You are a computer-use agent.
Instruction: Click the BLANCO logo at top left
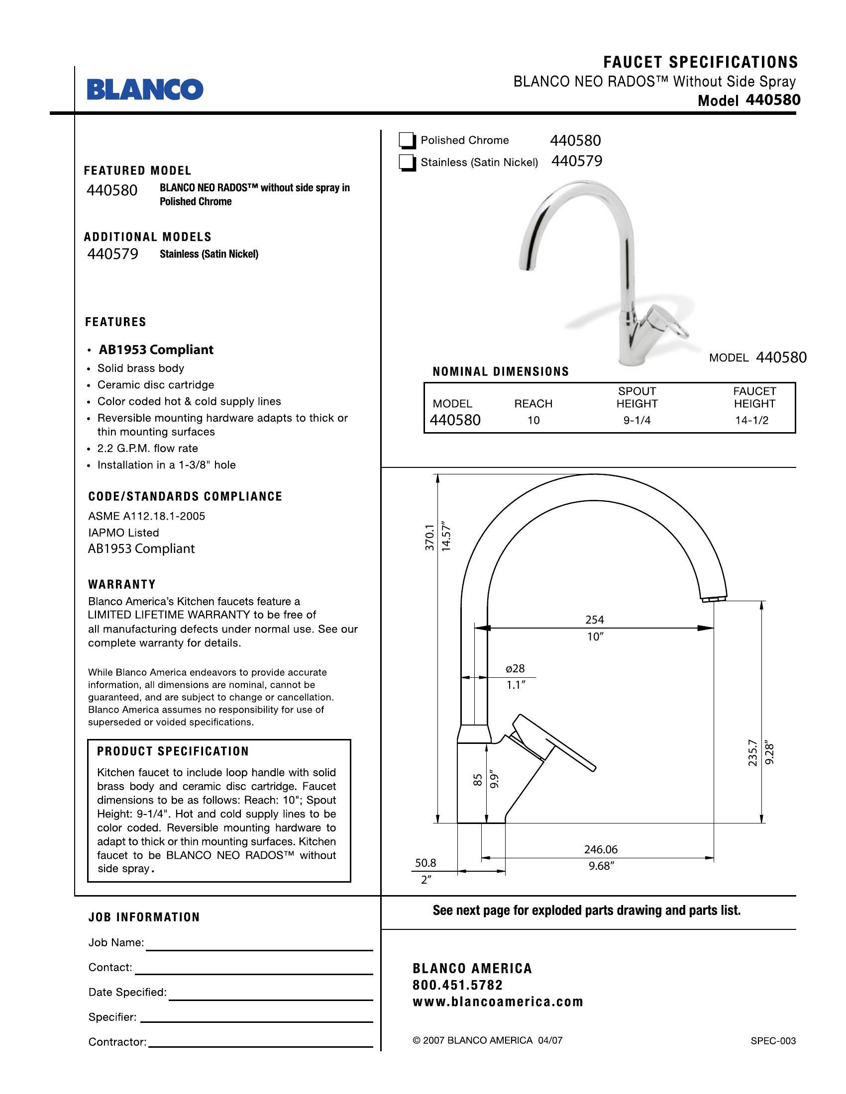click(x=145, y=89)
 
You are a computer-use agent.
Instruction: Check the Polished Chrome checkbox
click(x=407, y=141)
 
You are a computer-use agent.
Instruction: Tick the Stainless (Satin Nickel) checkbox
click(x=407, y=163)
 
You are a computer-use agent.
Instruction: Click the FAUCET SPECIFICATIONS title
click(x=700, y=62)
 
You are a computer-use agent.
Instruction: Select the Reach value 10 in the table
click(x=533, y=420)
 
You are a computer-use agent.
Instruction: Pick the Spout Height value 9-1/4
click(x=636, y=420)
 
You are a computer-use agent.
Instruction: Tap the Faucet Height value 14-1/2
click(x=751, y=420)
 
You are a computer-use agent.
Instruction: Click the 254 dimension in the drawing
click(x=594, y=620)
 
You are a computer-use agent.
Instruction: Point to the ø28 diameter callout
click(x=515, y=668)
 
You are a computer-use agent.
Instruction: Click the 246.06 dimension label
click(x=601, y=849)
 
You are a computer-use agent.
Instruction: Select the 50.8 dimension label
click(x=425, y=863)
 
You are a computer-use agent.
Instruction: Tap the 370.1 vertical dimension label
click(x=429, y=538)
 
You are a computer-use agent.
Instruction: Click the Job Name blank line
click(x=259, y=949)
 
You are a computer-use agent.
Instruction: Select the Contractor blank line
click(x=261, y=1046)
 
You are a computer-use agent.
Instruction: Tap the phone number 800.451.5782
click(x=457, y=985)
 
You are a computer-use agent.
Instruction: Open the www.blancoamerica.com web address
click(x=498, y=1002)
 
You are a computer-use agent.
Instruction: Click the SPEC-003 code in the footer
click(x=773, y=1040)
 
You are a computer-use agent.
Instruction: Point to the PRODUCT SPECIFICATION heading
click(x=173, y=751)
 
